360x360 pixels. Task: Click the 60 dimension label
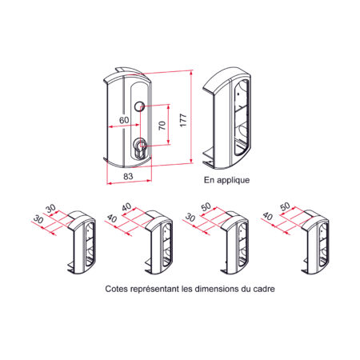click(x=124, y=120)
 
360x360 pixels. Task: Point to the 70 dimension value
click(x=162, y=125)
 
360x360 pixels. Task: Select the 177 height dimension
click(x=183, y=120)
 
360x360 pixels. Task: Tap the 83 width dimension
click(x=128, y=176)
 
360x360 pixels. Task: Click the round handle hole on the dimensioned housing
click(x=139, y=106)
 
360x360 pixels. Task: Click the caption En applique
click(x=227, y=180)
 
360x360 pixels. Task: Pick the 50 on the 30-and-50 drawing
click(x=206, y=206)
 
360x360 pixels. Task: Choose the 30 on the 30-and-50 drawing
click(x=190, y=218)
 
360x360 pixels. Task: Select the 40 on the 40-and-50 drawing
click(x=267, y=216)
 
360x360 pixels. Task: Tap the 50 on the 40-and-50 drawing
click(x=285, y=206)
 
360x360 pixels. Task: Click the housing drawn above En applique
click(x=226, y=118)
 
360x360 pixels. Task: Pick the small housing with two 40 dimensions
click(x=158, y=242)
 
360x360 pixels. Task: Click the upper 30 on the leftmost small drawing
click(x=50, y=208)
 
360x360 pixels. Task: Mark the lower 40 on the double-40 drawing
click(x=112, y=218)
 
